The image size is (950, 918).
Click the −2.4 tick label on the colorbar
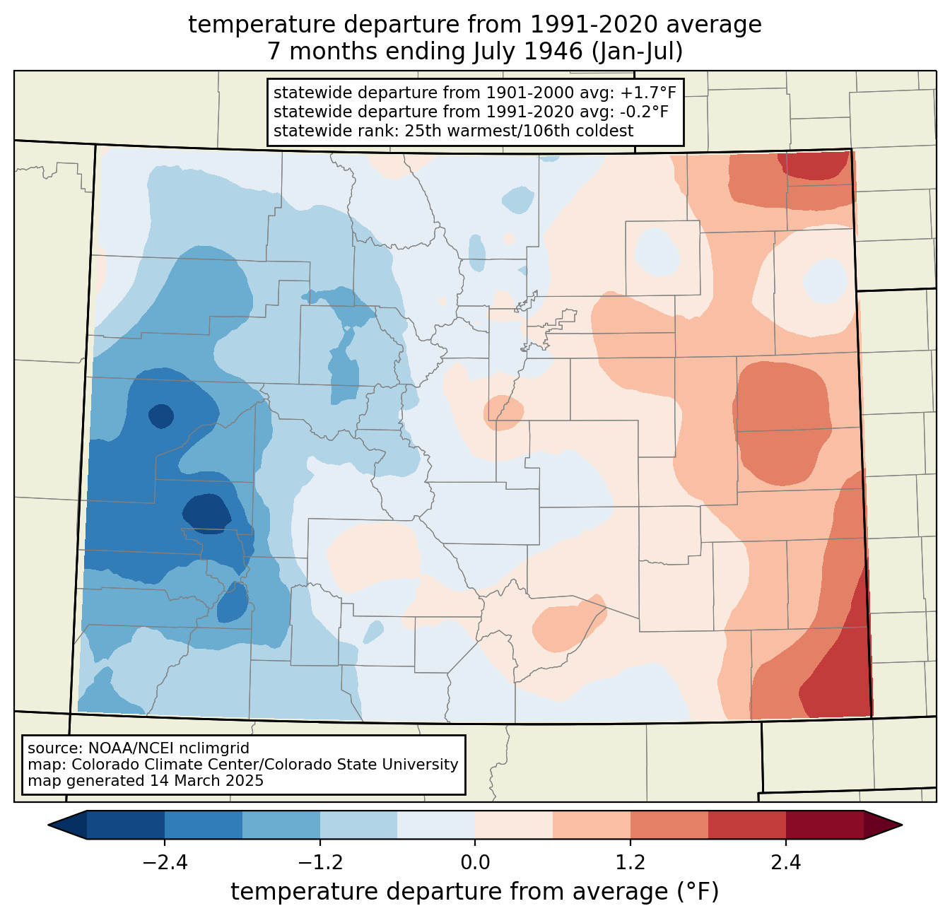pyautogui.click(x=165, y=863)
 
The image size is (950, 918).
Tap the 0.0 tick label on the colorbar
pyautogui.click(x=475, y=863)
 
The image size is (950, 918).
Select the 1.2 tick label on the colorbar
pyautogui.click(x=631, y=863)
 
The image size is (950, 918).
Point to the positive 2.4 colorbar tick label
pyautogui.click(x=786, y=863)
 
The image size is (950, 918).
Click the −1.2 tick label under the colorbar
pyautogui.click(x=320, y=863)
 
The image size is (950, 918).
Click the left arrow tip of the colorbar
pyautogui.click(x=49, y=825)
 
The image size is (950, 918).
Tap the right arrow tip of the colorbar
pyautogui.click(x=901, y=825)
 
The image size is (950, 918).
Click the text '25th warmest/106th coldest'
pyautogui.click(x=519, y=131)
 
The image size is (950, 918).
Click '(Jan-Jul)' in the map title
pyautogui.click(x=637, y=52)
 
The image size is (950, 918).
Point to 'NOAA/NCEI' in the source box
pyautogui.click(x=124, y=748)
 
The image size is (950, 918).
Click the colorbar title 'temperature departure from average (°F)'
pyautogui.click(x=474, y=892)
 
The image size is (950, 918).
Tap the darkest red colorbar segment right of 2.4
pyautogui.click(x=825, y=825)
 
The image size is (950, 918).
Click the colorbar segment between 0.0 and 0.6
pyautogui.click(x=514, y=825)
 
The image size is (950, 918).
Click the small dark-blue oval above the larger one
pyautogui.click(x=161, y=416)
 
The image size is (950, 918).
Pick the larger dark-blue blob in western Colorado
pyautogui.click(x=207, y=514)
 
